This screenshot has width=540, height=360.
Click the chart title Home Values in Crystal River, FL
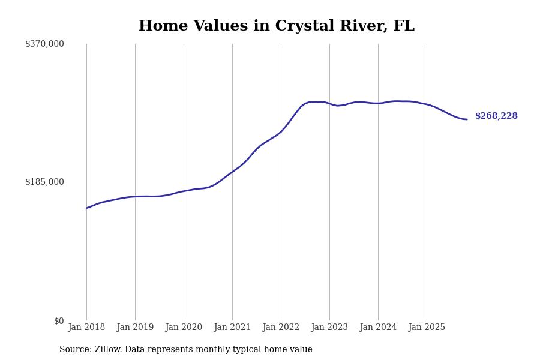pos(276,26)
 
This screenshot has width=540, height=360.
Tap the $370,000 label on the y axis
pos(44,44)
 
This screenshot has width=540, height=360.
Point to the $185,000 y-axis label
pos(44,182)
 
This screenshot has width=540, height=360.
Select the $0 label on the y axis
pos(59,321)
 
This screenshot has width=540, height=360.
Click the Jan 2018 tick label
pos(86,327)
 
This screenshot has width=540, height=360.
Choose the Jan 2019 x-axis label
pos(135,327)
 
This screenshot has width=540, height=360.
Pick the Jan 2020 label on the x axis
pos(184,327)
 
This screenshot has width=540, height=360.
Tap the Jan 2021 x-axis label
pos(232,327)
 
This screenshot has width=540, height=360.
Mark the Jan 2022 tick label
pos(281,327)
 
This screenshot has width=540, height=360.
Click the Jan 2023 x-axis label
pos(329,327)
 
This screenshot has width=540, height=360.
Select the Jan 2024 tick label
pos(378,327)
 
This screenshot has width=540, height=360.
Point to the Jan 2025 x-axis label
pos(427,327)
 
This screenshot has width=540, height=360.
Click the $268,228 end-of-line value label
pos(496,116)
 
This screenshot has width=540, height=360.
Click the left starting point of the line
pos(86,208)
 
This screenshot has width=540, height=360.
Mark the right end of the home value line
pos(467,119)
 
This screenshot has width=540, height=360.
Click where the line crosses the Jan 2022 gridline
pos(281,131)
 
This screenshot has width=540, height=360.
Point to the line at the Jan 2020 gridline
pos(184,191)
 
